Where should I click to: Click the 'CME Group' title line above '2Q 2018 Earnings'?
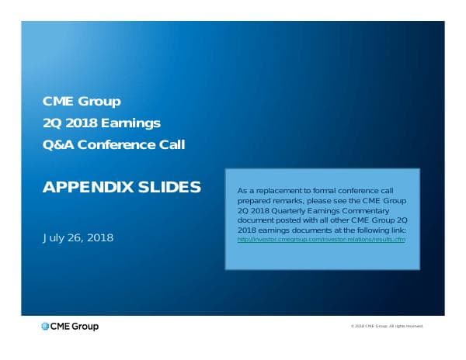click(x=82, y=101)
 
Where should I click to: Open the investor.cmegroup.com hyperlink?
click(x=322, y=240)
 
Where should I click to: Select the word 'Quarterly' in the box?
click(x=289, y=210)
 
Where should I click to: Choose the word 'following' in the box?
click(x=370, y=230)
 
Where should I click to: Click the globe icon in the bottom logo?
click(x=45, y=327)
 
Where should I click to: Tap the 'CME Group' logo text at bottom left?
click(x=75, y=327)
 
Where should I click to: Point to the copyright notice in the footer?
click(x=387, y=327)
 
